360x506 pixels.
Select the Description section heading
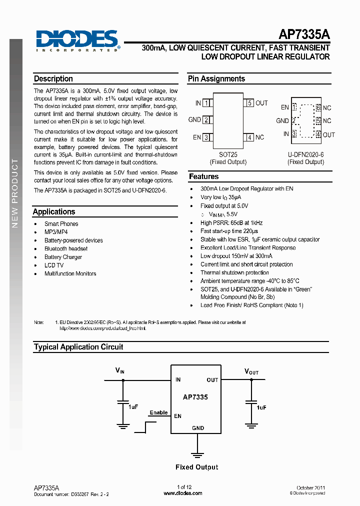pos(53,79)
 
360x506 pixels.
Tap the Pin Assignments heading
pos(216,79)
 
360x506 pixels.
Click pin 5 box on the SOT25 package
pos(249,103)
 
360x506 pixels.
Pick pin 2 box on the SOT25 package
pos(206,120)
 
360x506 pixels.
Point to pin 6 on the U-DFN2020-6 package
pos(318,107)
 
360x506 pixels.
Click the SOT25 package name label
pos(228,154)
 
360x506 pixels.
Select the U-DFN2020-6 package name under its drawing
pos(306,154)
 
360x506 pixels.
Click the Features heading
pos(203,176)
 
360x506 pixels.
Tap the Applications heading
pos(54,212)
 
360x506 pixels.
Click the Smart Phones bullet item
pos(61,224)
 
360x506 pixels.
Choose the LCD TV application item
pos(54,265)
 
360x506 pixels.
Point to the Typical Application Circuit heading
pos(78,347)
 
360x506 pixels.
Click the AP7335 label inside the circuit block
pos(195,397)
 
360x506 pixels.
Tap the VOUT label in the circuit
pos(251,371)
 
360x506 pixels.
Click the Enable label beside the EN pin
pos(158,412)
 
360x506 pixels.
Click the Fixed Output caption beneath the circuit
pos(197,467)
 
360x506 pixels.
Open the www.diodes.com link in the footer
pos(183,493)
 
